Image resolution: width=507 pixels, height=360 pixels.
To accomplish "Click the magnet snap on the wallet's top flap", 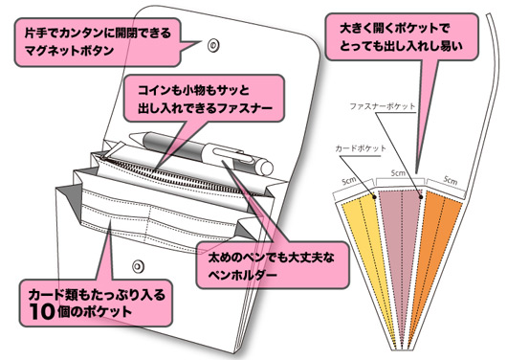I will click(x=213, y=42).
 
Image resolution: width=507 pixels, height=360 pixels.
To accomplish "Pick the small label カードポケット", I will click(x=355, y=150).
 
